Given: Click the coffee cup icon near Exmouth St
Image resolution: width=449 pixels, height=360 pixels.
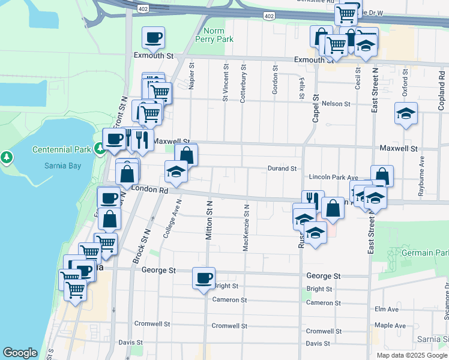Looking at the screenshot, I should [x=153, y=38].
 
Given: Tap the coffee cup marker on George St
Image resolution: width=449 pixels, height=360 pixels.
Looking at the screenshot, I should [x=203, y=278].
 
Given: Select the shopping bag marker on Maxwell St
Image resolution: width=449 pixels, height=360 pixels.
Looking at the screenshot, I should [x=186, y=155].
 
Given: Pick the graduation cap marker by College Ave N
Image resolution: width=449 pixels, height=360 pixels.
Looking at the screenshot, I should [x=176, y=172].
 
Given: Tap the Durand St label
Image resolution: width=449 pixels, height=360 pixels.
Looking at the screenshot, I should [x=282, y=169].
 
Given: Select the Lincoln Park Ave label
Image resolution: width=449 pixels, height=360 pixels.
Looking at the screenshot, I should [x=333, y=178].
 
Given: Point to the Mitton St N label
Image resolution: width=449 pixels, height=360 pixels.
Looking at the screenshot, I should [x=209, y=221].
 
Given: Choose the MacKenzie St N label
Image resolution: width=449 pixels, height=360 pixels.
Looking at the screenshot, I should [x=246, y=227].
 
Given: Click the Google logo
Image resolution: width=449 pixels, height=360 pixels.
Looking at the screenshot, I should [x=20, y=353].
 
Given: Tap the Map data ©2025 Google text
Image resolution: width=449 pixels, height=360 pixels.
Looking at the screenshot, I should [x=411, y=355].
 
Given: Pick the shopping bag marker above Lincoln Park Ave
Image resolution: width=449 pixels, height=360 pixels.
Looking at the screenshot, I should [x=382, y=176].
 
